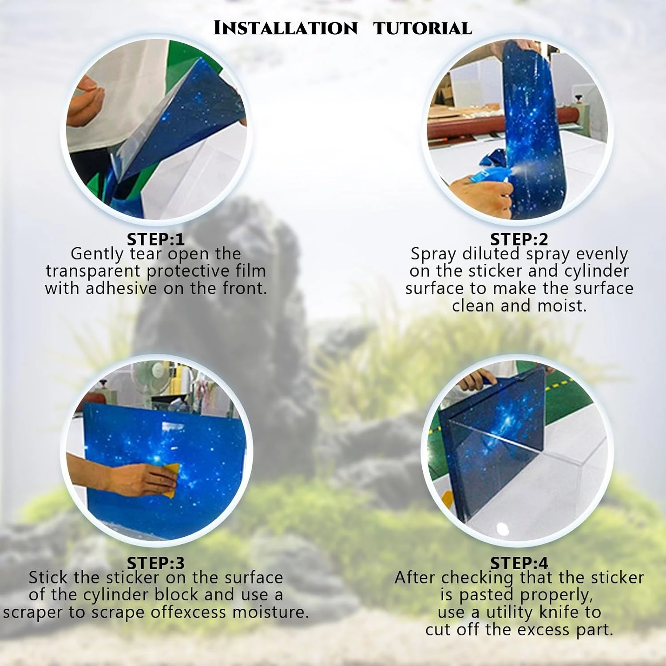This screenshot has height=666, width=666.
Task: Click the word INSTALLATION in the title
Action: [x=285, y=28]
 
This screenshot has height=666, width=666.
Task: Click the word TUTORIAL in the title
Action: [x=423, y=28]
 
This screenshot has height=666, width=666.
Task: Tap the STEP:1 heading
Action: [x=155, y=239]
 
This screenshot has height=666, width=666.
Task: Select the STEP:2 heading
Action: [x=519, y=239]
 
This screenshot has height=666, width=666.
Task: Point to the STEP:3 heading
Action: [x=155, y=563]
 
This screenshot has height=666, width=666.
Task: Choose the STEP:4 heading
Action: [x=519, y=563]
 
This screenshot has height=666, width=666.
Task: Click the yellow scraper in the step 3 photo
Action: [x=172, y=480]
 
